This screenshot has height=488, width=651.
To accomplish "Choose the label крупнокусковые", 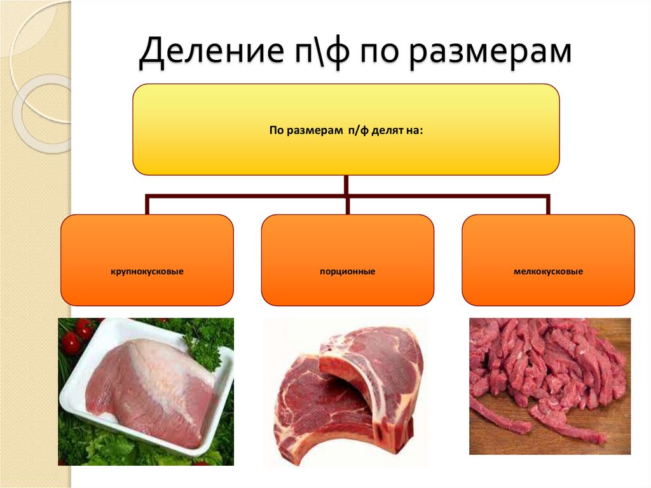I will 147,272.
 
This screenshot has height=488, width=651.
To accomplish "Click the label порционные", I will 347,272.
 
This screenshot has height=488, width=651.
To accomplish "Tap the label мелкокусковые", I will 548,272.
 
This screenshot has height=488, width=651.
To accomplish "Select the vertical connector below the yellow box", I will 346,185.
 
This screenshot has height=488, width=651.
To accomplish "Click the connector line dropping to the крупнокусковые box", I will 147,205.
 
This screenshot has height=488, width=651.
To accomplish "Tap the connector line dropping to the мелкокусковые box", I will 547,205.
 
